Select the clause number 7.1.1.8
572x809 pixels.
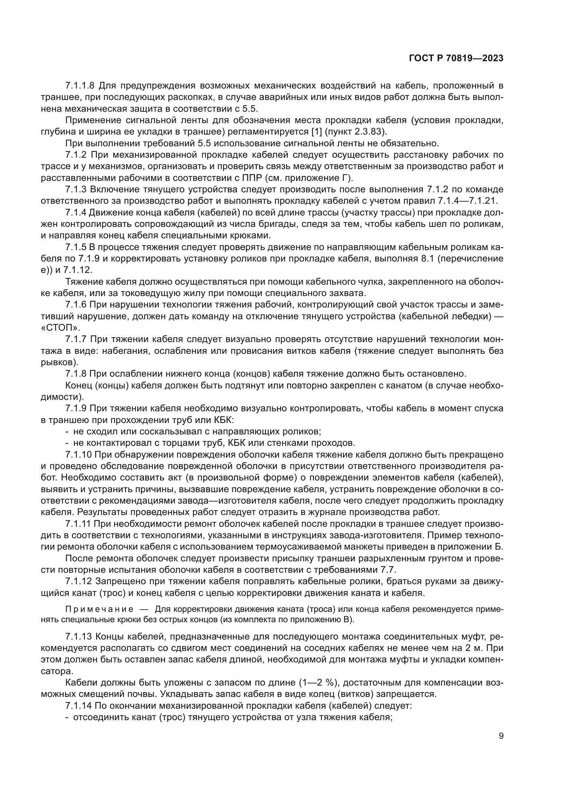coord(80,86)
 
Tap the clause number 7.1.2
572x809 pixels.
coord(76,155)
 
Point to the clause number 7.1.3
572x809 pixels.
coord(76,190)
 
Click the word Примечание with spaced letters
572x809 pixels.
coord(99,609)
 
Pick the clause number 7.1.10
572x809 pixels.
coord(78,455)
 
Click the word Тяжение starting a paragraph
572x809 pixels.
coord(83,282)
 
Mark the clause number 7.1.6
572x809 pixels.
coord(76,305)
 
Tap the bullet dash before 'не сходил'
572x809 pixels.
coord(67,432)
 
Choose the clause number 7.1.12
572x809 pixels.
coord(78,581)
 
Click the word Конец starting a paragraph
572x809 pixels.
coord(79,385)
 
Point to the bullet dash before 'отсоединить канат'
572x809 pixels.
coord(67,717)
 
